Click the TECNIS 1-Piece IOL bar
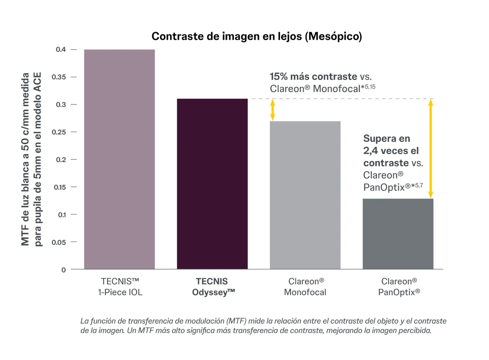tap(119, 159)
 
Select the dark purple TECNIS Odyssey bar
tap(212, 183)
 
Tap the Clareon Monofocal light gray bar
tap(305, 195)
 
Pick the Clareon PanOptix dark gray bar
tap(398, 234)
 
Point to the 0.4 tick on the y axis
tap(61, 50)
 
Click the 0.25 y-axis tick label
tap(58, 132)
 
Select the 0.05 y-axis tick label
tap(58, 242)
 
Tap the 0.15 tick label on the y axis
tap(58, 187)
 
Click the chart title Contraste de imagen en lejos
tap(257, 36)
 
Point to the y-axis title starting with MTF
tap(32, 159)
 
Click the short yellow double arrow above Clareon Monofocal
tap(273, 110)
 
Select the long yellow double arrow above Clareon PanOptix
tap(431, 148)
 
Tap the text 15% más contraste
tap(313, 76)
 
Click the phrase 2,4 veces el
tap(391, 150)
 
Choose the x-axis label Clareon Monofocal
tap(306, 287)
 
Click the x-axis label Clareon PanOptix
tap(399, 287)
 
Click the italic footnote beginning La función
tap(264, 326)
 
